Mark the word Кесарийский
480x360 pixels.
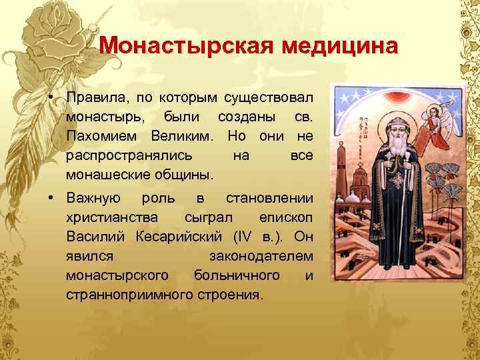pos(175,237)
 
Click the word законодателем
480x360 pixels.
pos(261,256)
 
